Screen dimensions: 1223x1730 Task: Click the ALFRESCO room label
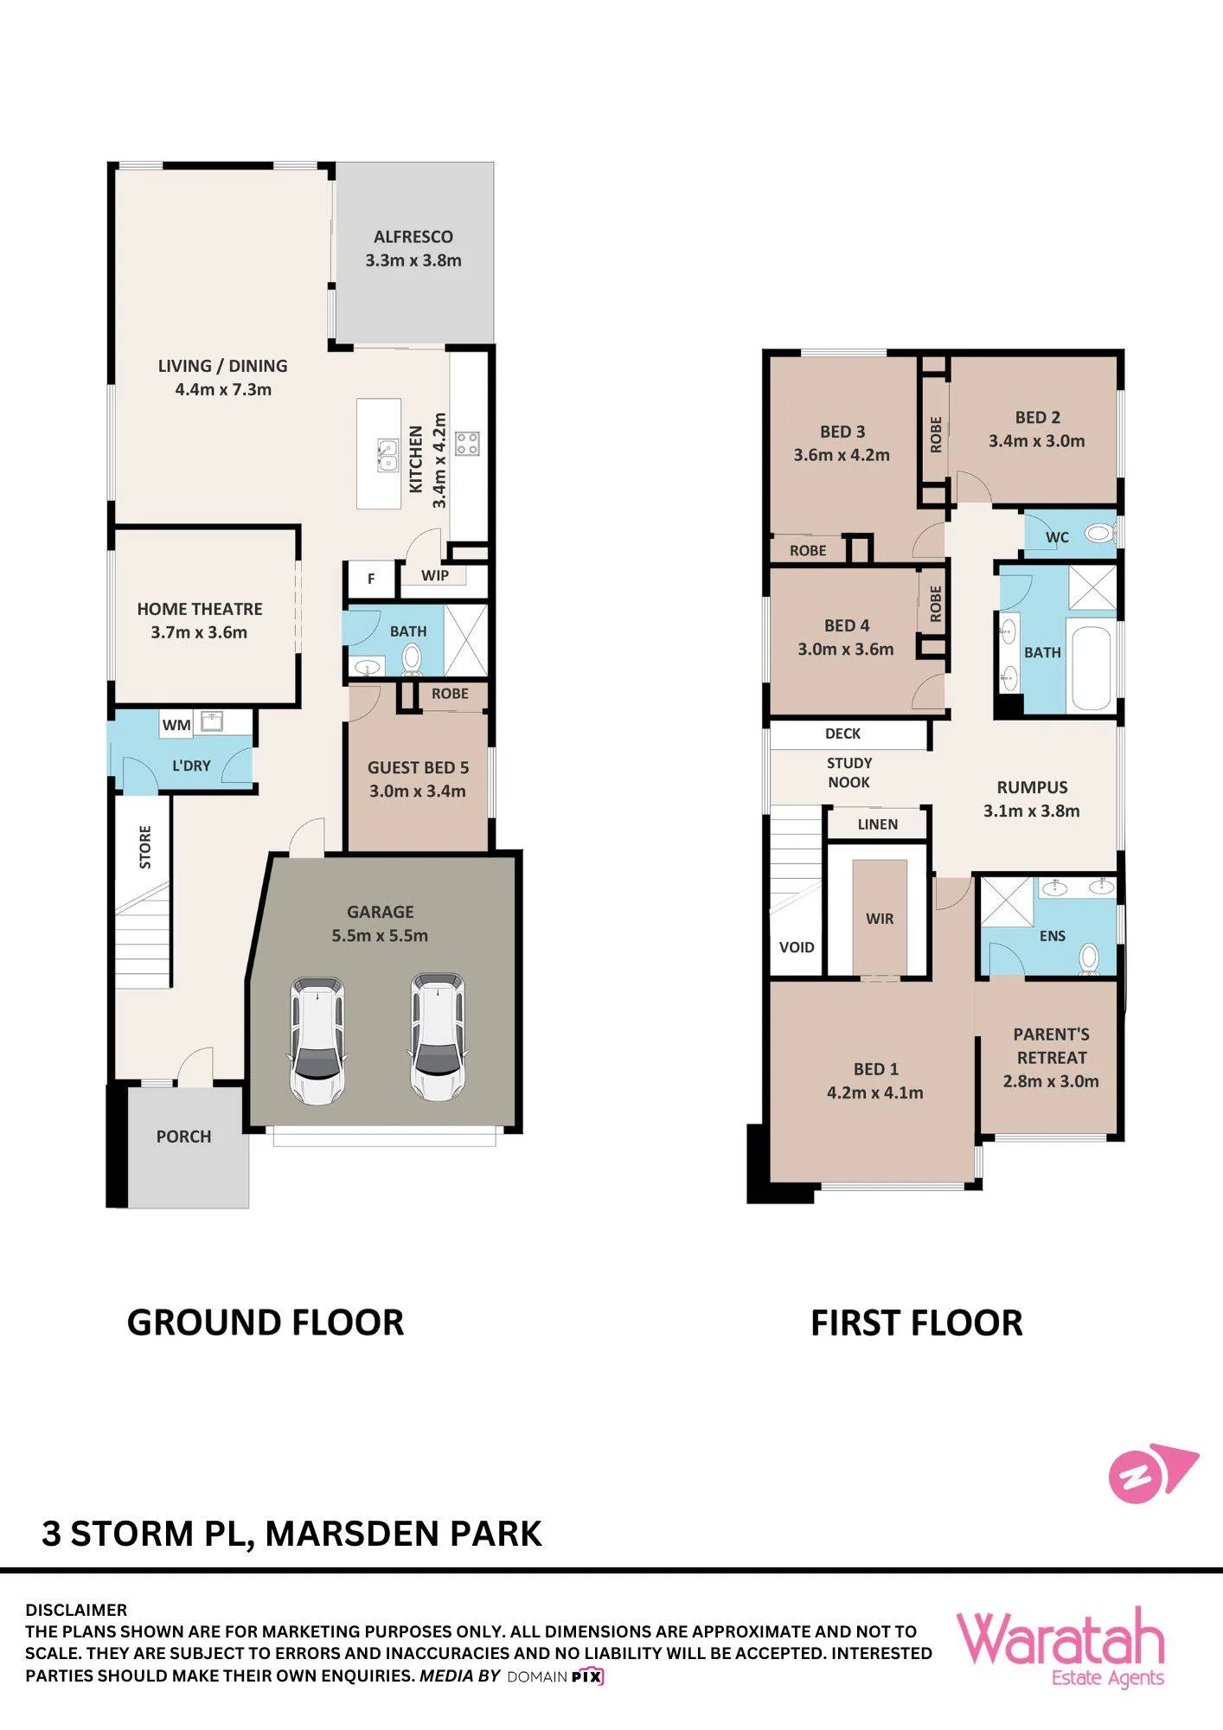[413, 236]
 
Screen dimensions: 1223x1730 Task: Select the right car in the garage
[437, 1036]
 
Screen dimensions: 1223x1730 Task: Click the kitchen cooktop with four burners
[468, 443]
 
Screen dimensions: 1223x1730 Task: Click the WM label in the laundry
[176, 725]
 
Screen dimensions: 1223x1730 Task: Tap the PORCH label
[183, 1137]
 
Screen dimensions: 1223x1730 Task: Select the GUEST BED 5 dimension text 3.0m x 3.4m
[418, 791]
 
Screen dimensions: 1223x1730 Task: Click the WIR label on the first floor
[880, 919]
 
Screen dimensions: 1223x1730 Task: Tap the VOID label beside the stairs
[797, 947]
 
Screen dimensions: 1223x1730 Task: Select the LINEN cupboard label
[878, 824]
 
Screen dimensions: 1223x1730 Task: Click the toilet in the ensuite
[1089, 958]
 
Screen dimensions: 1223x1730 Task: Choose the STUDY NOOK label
[849, 772]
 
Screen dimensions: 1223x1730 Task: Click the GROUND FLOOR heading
[266, 1323]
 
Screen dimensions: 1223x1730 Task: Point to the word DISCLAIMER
[76, 1610]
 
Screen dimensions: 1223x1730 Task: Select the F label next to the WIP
[371, 579]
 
